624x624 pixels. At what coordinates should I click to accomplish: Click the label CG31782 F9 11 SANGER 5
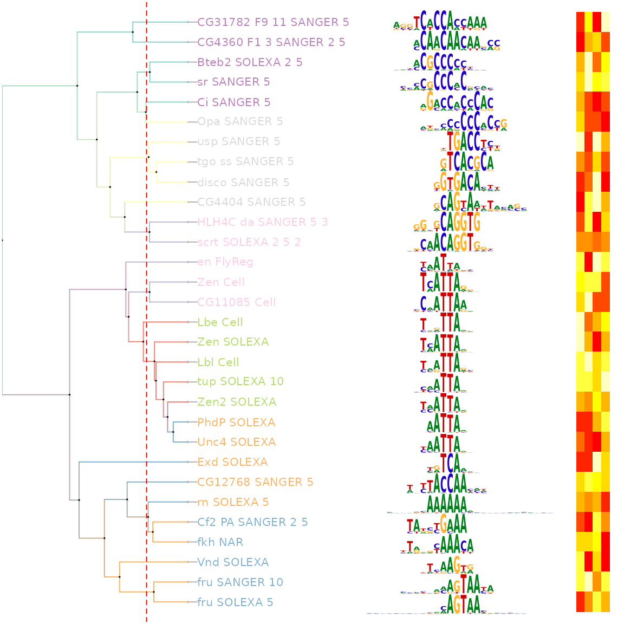(x=273, y=22)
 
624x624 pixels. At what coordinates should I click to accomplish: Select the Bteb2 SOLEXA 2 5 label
(x=250, y=62)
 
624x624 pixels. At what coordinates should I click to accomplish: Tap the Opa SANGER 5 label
(x=240, y=121)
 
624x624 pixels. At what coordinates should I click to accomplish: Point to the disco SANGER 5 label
(x=243, y=182)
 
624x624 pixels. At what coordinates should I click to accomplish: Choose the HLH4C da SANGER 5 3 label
(x=263, y=222)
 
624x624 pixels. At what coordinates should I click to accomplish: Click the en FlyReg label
(x=225, y=262)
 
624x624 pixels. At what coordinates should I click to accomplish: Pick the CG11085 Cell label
(x=237, y=302)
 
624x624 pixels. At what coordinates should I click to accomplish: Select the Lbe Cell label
(x=220, y=322)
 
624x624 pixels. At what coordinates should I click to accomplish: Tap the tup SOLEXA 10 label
(x=240, y=381)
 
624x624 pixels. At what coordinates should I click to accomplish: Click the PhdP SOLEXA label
(x=236, y=422)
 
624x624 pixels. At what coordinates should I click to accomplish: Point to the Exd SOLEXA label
(x=232, y=462)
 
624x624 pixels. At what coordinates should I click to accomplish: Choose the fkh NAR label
(x=220, y=542)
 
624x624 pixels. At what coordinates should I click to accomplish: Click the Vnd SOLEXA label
(x=233, y=562)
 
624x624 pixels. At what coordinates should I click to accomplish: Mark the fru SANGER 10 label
(x=240, y=582)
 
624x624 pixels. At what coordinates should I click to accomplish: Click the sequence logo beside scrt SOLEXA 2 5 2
(x=450, y=242)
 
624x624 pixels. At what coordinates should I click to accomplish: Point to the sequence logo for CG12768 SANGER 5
(x=447, y=482)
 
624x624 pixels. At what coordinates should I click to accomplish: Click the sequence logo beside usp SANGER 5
(x=470, y=141)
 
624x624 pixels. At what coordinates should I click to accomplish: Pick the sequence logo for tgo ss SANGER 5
(x=466, y=161)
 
